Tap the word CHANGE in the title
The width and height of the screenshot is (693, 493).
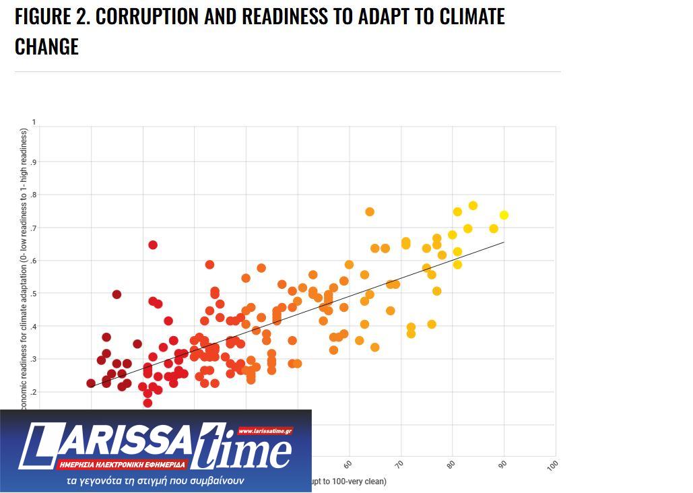click(46, 46)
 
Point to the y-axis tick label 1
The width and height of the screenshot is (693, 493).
click(34, 123)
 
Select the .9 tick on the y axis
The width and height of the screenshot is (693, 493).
click(33, 162)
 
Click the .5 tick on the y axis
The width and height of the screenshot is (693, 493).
click(33, 294)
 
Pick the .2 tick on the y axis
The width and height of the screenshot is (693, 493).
click(33, 392)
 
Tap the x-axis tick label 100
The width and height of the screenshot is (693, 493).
click(553, 465)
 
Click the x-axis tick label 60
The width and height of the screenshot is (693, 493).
click(348, 465)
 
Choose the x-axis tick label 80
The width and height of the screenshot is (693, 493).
click(451, 465)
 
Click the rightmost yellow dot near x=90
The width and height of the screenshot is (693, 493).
click(504, 216)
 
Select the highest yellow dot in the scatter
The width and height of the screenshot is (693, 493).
click(473, 206)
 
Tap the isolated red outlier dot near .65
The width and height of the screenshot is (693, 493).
click(153, 245)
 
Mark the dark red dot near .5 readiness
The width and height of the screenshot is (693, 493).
click(117, 294)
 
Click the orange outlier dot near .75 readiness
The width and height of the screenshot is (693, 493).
click(370, 212)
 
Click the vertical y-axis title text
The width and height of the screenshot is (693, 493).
click(24, 269)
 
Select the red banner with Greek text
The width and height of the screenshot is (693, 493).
click(123, 465)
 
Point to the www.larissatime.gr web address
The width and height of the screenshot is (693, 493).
click(265, 431)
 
